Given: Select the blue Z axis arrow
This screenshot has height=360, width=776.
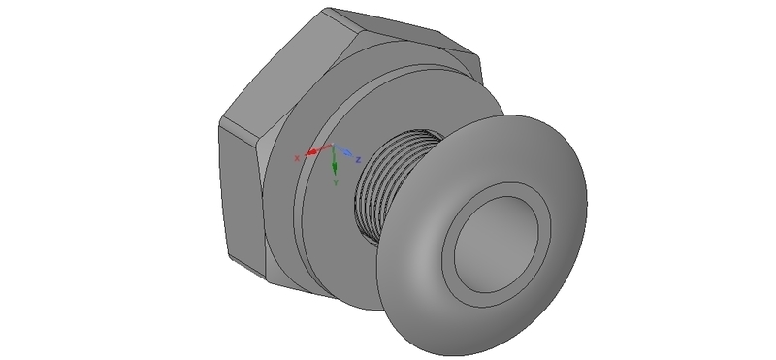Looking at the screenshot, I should pyautogui.click(x=345, y=152).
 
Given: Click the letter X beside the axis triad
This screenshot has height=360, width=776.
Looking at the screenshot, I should pyautogui.click(x=298, y=156).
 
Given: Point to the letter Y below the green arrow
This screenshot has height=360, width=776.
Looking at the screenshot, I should pyautogui.click(x=335, y=181).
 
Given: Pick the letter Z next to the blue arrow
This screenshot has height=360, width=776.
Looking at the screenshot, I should pyautogui.click(x=358, y=157).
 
